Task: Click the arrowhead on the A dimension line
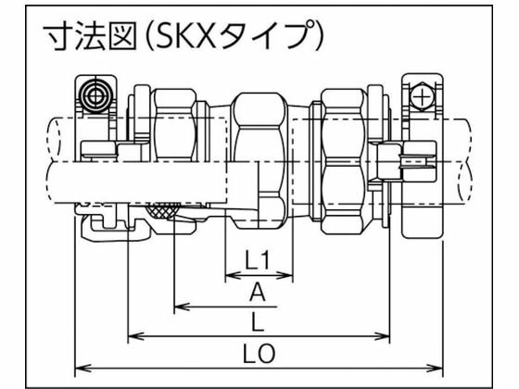coord(182,305)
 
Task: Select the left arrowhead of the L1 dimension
coord(230,276)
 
